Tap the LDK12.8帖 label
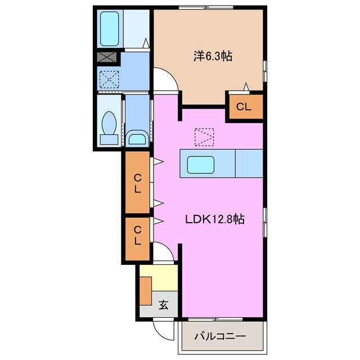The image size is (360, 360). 215,220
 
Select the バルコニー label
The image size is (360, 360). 220,336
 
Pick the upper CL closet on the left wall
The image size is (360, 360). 137,183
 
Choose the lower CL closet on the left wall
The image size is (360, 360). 137,239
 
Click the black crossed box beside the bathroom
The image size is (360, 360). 106,57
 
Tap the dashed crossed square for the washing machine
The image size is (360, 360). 110,79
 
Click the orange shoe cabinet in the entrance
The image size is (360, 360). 146,290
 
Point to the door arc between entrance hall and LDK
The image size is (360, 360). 165,252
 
